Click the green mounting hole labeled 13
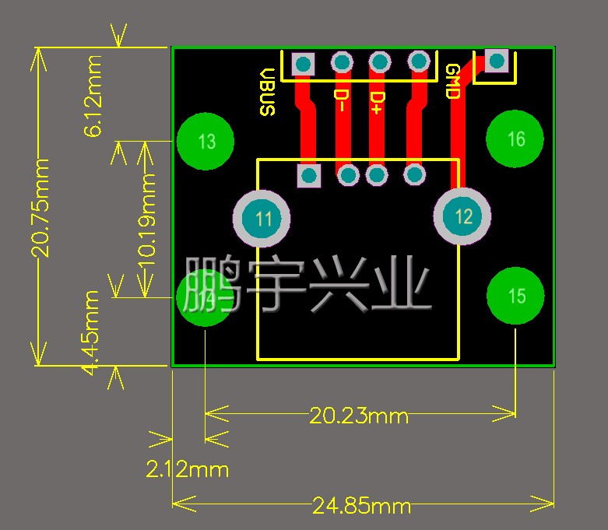click(x=206, y=142)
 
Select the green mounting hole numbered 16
click(x=515, y=139)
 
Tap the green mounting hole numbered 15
click(x=515, y=296)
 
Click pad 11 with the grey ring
click(x=262, y=218)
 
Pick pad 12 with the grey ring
click(x=462, y=216)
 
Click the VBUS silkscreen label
click(x=268, y=92)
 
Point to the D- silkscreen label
click(x=341, y=100)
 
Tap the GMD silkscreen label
click(x=452, y=82)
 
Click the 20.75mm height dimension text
click(x=40, y=208)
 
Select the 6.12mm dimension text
click(x=93, y=97)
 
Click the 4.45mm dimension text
click(x=92, y=333)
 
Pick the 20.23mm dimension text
click(x=359, y=416)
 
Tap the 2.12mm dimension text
click(x=188, y=469)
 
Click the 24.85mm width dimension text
click(x=362, y=506)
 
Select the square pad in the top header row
click(x=303, y=64)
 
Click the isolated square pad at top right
click(x=497, y=61)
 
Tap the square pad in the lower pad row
click(x=309, y=176)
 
